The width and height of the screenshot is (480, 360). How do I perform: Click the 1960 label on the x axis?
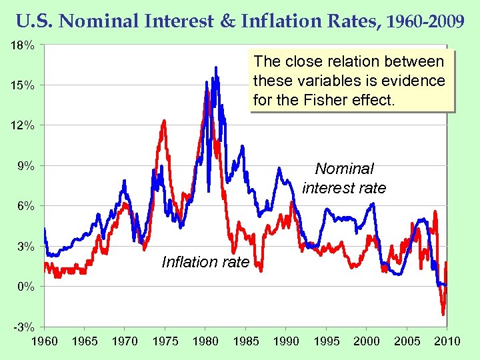point(45,341)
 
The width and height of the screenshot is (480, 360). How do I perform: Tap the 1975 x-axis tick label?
point(165,341)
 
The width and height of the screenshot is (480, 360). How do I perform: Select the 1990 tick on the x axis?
point(286,341)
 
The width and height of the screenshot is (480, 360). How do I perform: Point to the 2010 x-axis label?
point(447,341)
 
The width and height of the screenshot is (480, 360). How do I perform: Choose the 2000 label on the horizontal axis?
point(367,341)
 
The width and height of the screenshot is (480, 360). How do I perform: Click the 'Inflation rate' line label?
point(205,262)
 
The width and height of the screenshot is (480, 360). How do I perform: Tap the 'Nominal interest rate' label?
point(344,179)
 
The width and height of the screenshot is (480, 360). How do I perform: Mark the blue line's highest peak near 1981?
point(216,67)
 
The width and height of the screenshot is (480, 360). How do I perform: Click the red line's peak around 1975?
point(164,121)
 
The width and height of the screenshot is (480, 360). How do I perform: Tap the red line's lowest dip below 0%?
point(443,314)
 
